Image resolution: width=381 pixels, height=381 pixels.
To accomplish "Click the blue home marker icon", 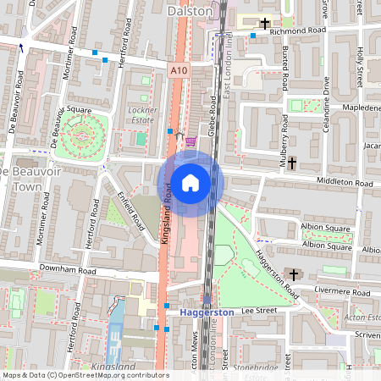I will point(190,183).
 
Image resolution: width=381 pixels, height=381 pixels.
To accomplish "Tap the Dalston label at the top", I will point(188,11).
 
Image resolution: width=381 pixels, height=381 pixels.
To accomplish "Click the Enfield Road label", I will point(130,210).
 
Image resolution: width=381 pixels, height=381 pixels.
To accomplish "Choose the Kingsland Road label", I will point(167,218).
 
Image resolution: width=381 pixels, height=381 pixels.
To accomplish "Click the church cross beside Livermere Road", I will point(293,274).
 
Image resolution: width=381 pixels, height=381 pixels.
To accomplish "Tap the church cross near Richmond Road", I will point(266,24).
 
